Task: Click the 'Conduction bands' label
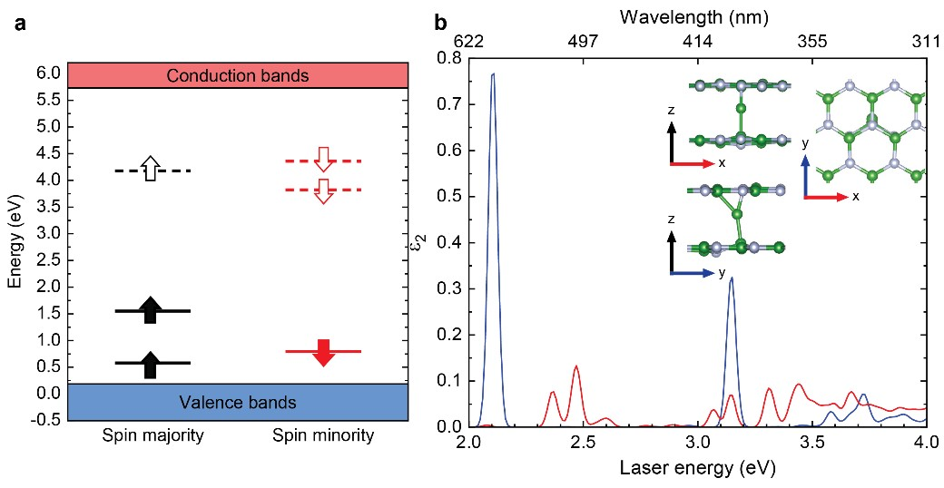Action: [238, 75]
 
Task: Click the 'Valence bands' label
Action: [238, 402]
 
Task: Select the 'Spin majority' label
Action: [152, 436]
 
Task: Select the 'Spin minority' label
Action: [323, 436]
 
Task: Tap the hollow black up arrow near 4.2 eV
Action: [152, 168]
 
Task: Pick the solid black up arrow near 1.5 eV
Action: [152, 309]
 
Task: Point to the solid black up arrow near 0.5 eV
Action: [152, 364]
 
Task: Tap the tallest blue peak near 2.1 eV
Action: [493, 74]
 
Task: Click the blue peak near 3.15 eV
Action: [732, 278]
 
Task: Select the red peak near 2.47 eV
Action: [576, 366]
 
